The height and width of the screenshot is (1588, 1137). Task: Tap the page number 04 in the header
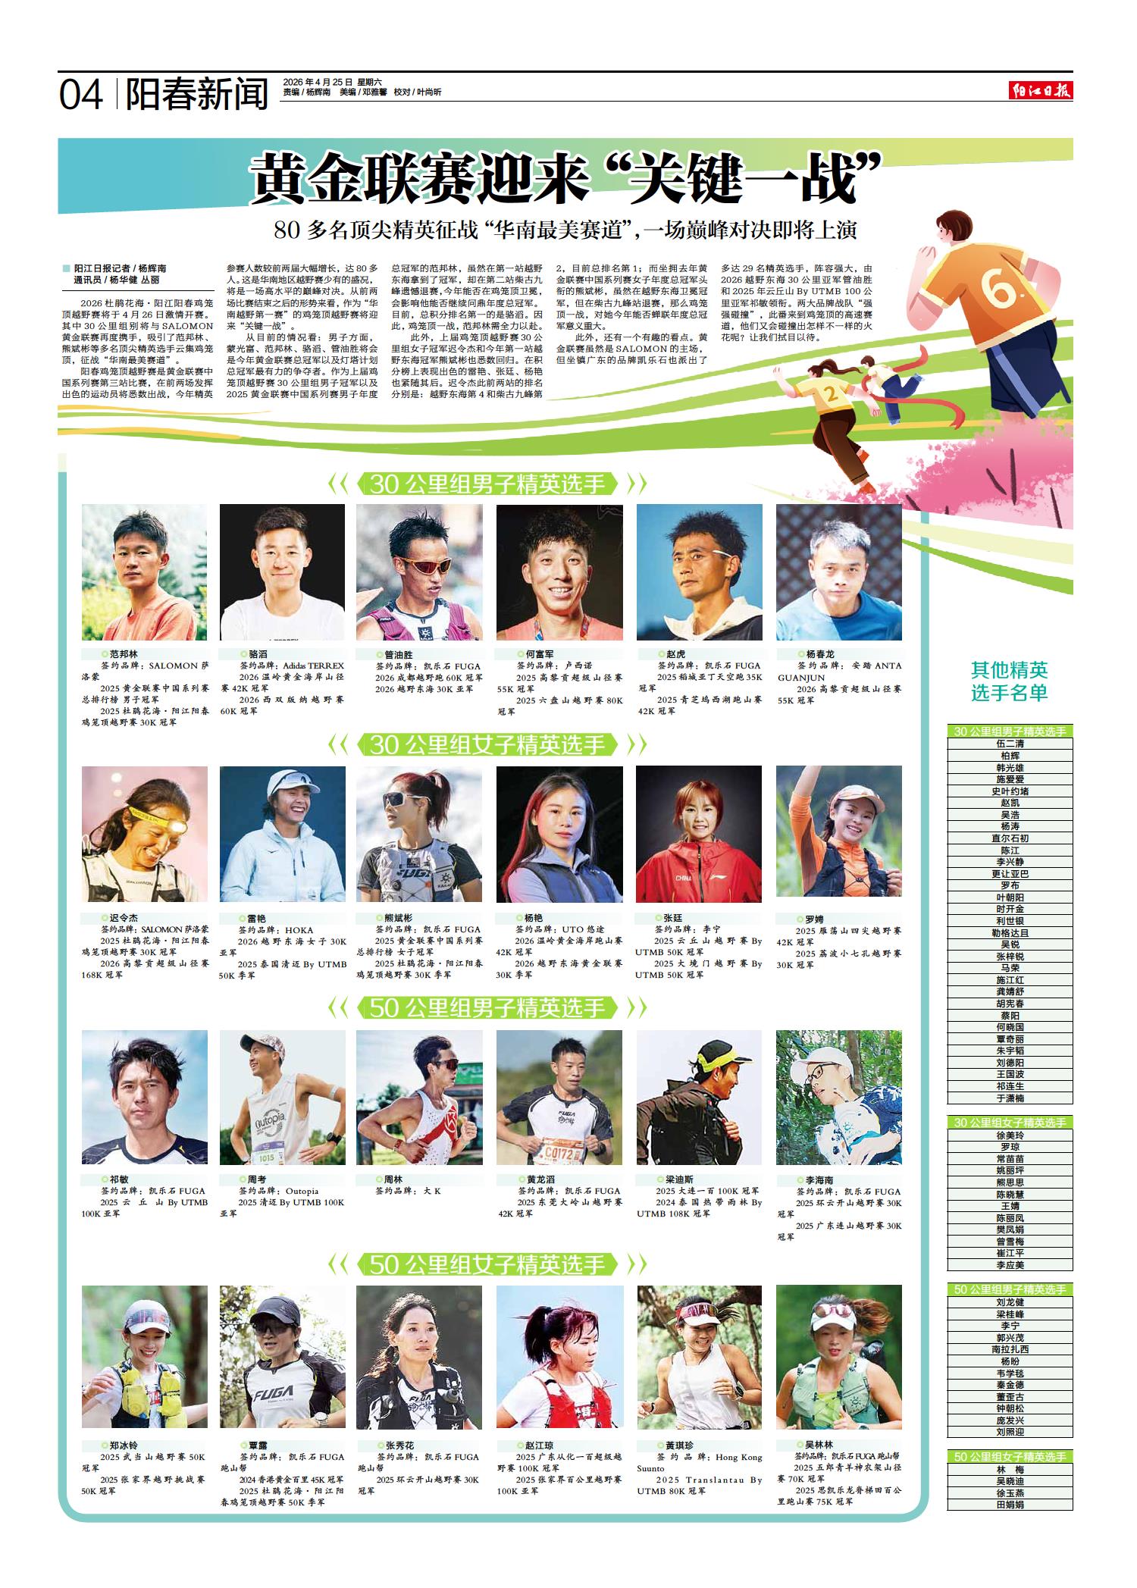click(x=81, y=96)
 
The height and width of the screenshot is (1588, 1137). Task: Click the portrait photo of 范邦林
click(x=144, y=572)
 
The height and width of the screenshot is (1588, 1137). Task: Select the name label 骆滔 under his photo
click(x=253, y=653)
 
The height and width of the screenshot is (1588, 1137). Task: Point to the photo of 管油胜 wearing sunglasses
click(x=419, y=572)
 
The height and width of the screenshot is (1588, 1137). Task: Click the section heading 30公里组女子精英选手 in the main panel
click(x=488, y=746)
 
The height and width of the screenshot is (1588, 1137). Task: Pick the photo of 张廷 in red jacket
click(x=699, y=834)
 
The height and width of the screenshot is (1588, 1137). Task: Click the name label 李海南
click(x=814, y=1180)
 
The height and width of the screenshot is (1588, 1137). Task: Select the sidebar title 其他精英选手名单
click(x=1010, y=681)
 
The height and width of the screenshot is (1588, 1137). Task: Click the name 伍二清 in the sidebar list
click(x=1010, y=744)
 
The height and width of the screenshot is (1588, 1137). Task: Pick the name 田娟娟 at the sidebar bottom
click(x=1010, y=1505)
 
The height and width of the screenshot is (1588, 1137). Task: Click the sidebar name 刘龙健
click(x=1010, y=1302)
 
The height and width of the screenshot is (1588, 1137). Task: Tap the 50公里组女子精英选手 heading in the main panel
click(x=488, y=1264)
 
